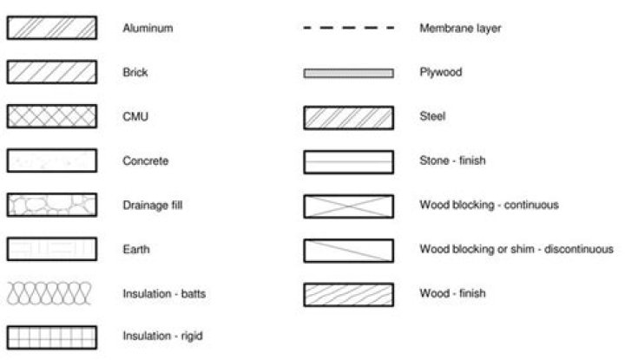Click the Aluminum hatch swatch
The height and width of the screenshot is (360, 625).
[51, 28]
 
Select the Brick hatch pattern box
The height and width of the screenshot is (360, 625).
[51, 72]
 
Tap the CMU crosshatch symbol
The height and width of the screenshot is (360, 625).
[51, 116]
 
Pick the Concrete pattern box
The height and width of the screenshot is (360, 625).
[51, 160]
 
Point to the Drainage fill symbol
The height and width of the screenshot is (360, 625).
[51, 205]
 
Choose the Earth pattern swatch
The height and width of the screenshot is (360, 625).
[51, 249]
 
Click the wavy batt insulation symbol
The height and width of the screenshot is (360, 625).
[51, 293]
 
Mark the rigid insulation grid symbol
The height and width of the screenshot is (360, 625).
[51, 336]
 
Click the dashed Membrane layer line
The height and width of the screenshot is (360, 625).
[348, 28]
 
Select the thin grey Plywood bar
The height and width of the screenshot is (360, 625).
[348, 73]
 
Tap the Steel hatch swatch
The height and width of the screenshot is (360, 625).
[348, 116]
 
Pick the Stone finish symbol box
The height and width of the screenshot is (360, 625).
[348, 161]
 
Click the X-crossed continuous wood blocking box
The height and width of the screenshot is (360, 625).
[348, 206]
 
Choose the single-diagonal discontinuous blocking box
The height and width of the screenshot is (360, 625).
[348, 250]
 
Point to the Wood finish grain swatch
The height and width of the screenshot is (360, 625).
[348, 294]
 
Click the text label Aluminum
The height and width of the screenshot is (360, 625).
[148, 28]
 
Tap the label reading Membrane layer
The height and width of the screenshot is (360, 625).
[459, 28]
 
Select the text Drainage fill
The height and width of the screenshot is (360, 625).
[152, 205]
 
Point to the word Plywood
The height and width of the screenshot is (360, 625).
[440, 72]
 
